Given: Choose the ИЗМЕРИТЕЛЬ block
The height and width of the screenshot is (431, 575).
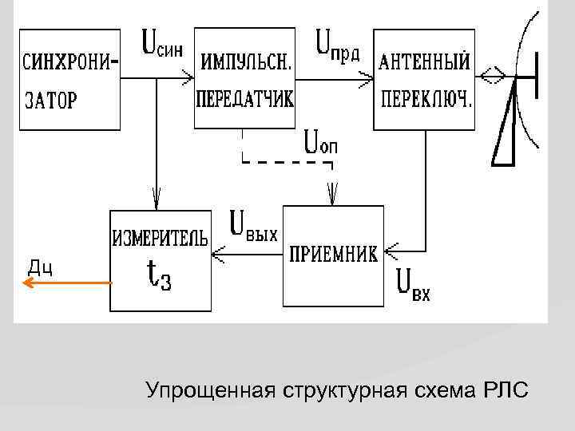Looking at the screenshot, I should point(161,259).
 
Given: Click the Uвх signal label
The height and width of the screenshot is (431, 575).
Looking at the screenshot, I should point(414,287).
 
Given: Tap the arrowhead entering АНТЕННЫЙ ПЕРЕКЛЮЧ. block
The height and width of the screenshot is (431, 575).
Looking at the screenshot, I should point(367,78).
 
